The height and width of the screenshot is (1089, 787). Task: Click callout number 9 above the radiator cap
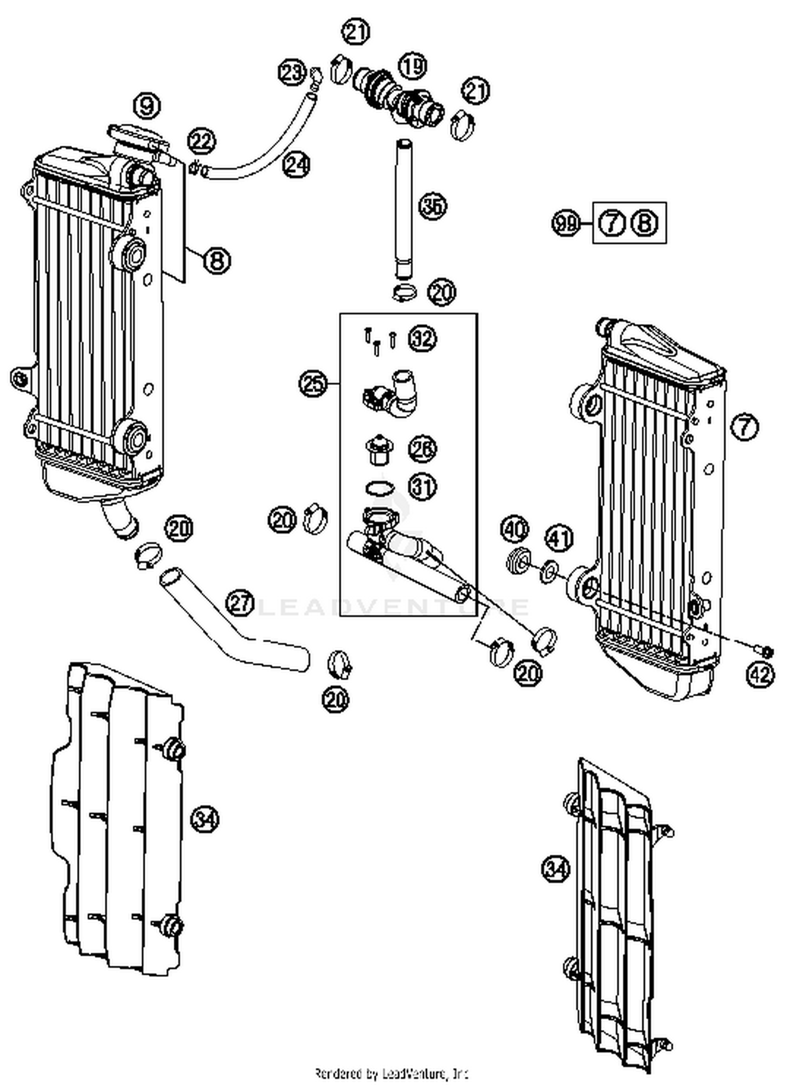coord(146,106)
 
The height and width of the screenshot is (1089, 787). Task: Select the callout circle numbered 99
coord(566,224)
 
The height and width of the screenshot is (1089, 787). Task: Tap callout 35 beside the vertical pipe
coord(432,206)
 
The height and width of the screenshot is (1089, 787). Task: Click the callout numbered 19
coord(413,66)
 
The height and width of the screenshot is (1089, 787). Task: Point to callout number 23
coord(292,72)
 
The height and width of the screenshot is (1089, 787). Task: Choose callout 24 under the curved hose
coord(297,165)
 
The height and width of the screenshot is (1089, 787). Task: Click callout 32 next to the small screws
coord(423,339)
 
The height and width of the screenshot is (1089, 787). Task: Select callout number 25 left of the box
coord(313,384)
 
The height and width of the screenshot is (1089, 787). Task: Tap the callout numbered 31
coord(423,487)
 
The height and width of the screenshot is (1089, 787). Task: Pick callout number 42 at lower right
coord(760,674)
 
